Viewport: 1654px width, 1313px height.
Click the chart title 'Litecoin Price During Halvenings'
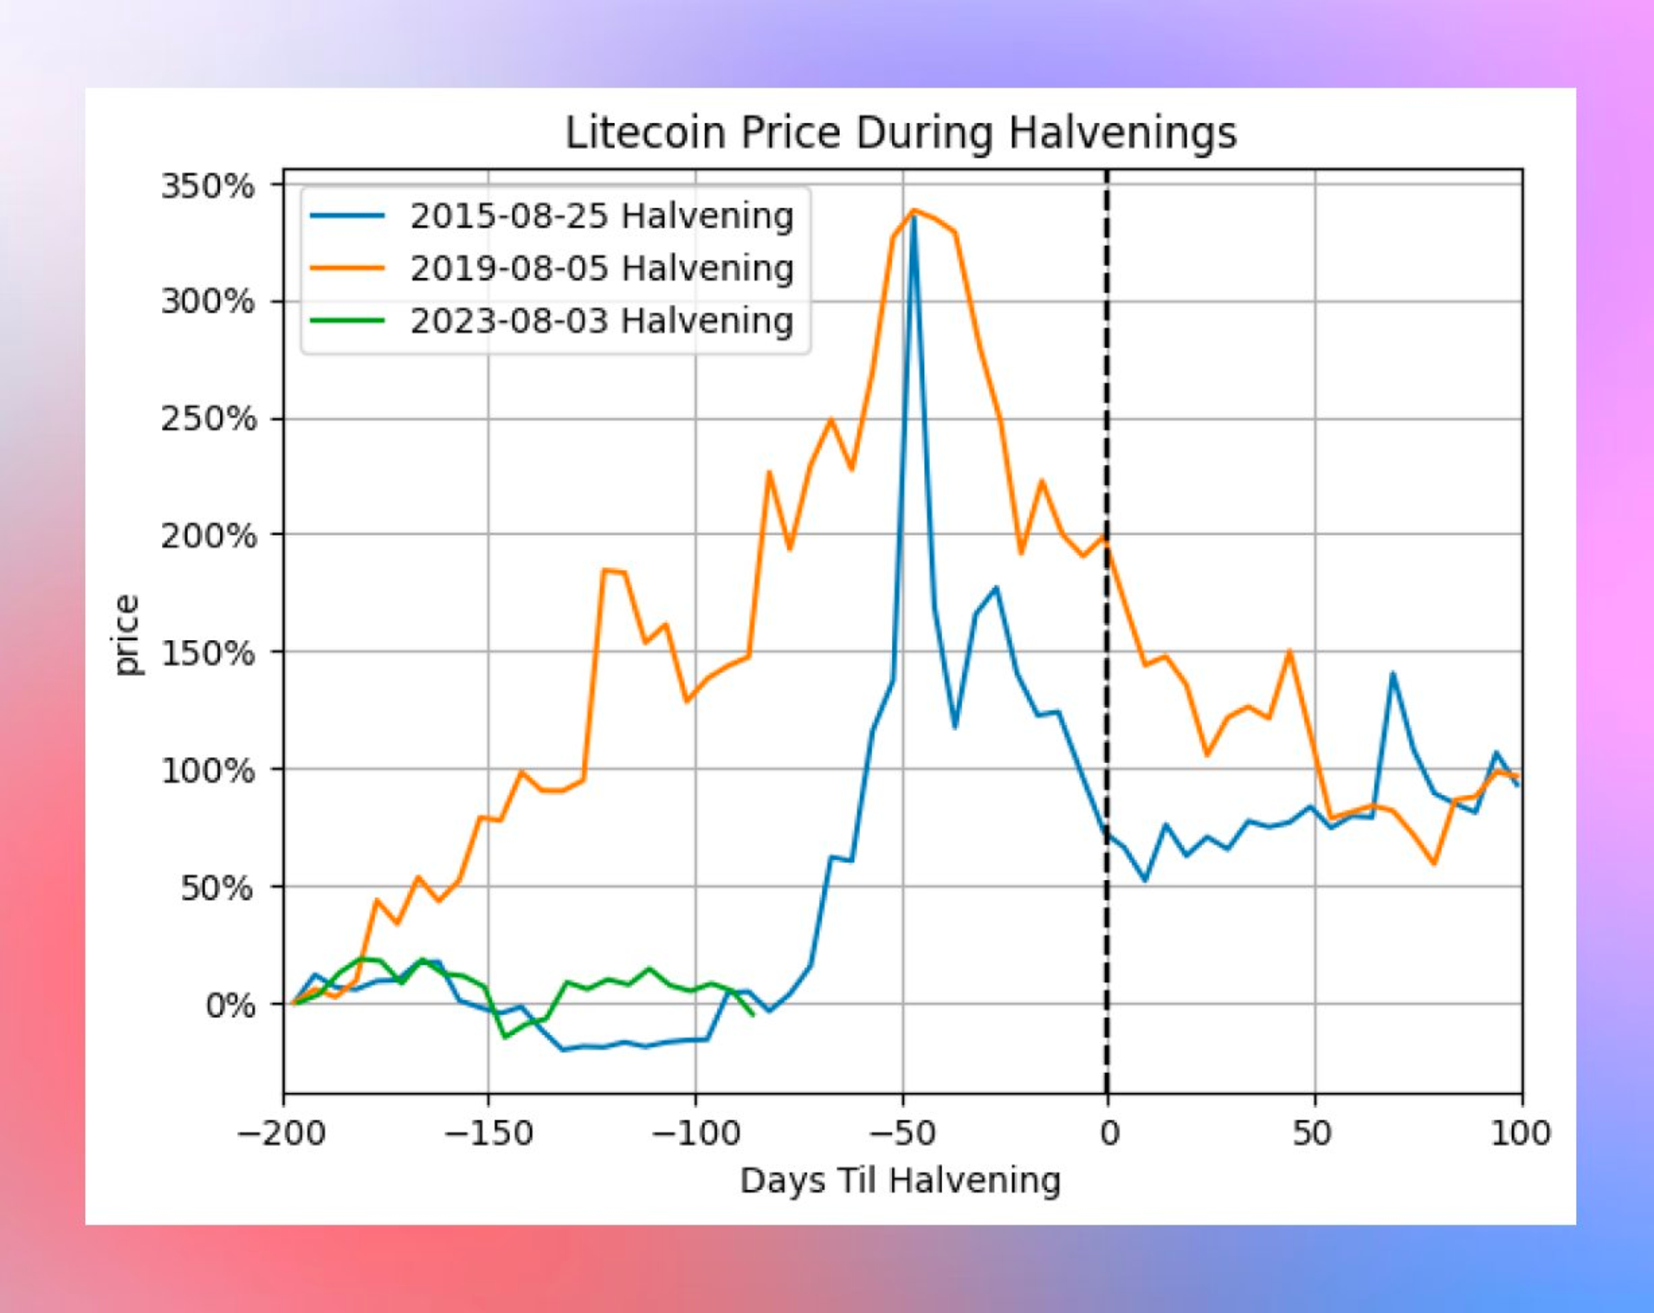(901, 133)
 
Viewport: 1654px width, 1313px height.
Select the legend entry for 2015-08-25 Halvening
(601, 216)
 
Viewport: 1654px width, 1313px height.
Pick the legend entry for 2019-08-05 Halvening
(601, 268)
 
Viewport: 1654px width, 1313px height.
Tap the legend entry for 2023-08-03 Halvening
(601, 321)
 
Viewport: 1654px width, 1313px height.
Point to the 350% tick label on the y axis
(208, 186)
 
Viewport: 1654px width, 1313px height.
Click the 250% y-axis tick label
(208, 419)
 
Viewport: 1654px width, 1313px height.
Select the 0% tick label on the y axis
(229, 1006)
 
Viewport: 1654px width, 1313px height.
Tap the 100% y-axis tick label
(208, 771)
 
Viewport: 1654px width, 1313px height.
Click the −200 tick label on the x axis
(281, 1133)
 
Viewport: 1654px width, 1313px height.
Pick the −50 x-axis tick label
(901, 1133)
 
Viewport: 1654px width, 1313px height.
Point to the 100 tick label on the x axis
(1520, 1133)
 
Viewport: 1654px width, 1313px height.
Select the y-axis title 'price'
(126, 635)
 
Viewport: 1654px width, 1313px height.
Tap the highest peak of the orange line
(914, 210)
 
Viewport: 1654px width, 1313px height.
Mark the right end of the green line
(753, 1014)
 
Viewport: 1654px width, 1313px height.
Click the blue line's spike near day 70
(1392, 673)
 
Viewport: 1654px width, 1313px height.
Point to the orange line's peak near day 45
(1290, 650)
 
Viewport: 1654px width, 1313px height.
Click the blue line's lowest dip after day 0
(1146, 881)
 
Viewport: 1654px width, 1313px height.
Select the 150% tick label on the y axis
(208, 653)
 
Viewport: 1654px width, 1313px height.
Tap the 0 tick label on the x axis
(1108, 1133)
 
